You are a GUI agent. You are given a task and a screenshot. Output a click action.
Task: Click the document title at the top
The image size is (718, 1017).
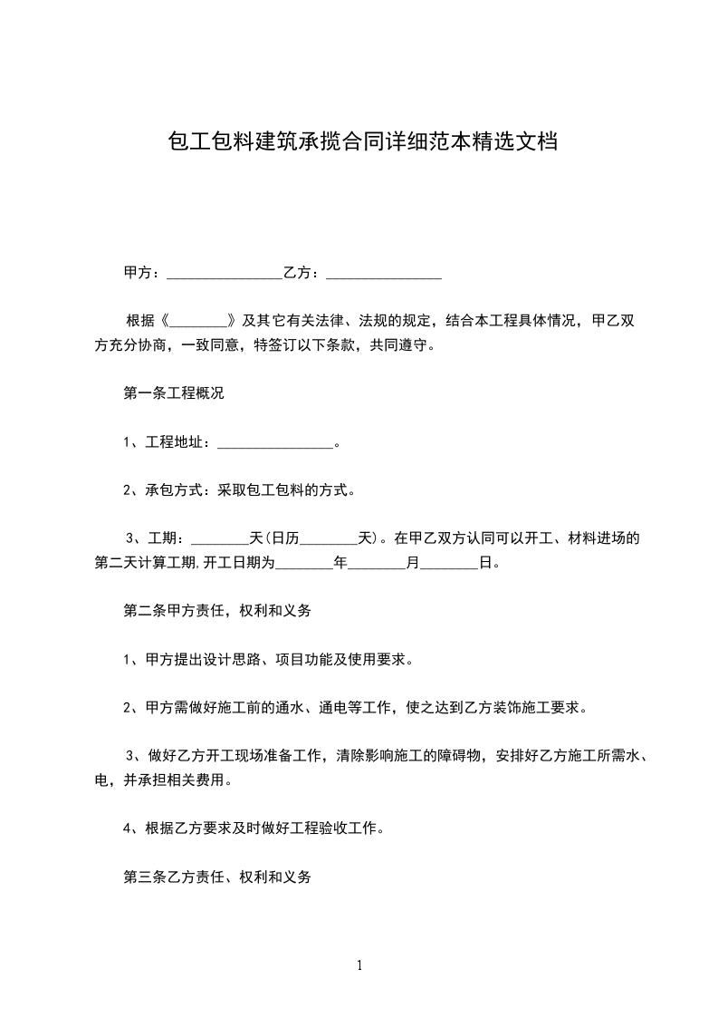362,142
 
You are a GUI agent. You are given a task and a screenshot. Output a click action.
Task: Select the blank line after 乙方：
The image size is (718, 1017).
383,273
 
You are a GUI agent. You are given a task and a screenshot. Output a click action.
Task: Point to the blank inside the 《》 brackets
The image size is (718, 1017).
197,321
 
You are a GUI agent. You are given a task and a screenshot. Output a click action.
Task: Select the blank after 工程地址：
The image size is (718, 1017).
275,443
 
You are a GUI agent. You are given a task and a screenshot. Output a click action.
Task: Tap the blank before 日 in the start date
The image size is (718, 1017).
450,564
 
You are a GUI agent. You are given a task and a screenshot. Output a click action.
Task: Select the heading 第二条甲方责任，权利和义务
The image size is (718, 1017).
217,612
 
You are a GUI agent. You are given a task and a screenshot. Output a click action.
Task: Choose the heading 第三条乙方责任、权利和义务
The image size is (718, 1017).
217,877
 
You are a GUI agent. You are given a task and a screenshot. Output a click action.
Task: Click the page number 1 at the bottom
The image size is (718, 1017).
359,966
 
